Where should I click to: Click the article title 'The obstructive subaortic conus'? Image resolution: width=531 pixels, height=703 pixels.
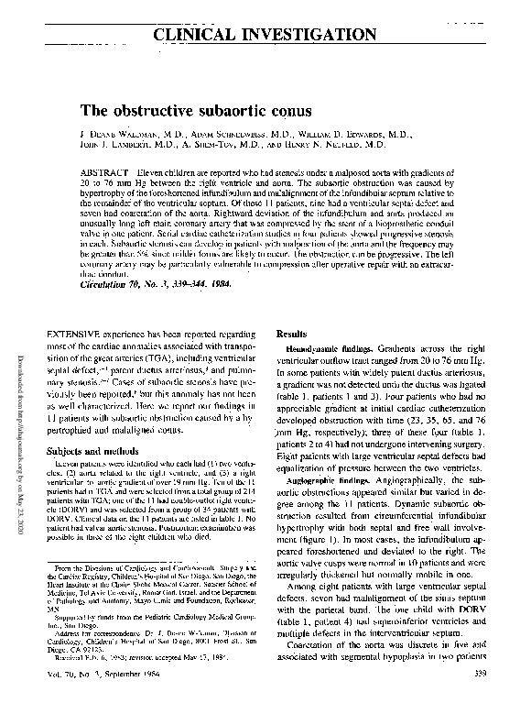pos(210,111)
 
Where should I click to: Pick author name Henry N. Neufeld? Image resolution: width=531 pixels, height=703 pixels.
pos(338,145)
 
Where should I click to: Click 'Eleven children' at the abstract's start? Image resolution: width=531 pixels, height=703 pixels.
pos(163,171)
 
